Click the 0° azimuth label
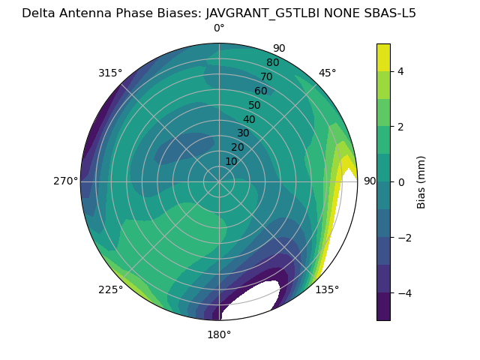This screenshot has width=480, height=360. (x=219, y=28)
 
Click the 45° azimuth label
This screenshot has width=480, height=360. (x=328, y=73)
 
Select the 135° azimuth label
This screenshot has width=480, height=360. (x=327, y=289)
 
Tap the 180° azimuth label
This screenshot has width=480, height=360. (x=219, y=334)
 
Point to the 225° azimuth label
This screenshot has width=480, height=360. (x=110, y=289)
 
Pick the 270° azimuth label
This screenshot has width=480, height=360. (x=65, y=181)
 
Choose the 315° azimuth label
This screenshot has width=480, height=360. (x=110, y=73)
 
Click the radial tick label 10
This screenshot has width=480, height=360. (x=231, y=161)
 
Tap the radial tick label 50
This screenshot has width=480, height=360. (x=254, y=106)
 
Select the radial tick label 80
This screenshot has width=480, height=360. (x=272, y=63)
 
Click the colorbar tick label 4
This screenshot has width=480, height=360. (x=401, y=71)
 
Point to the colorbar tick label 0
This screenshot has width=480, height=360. (x=401, y=181)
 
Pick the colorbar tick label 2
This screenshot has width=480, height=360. (x=401, y=127)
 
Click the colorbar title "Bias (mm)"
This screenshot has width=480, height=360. (x=421, y=181)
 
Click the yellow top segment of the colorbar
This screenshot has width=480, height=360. (x=383, y=58)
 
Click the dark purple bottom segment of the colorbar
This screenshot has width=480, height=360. (x=383, y=306)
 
